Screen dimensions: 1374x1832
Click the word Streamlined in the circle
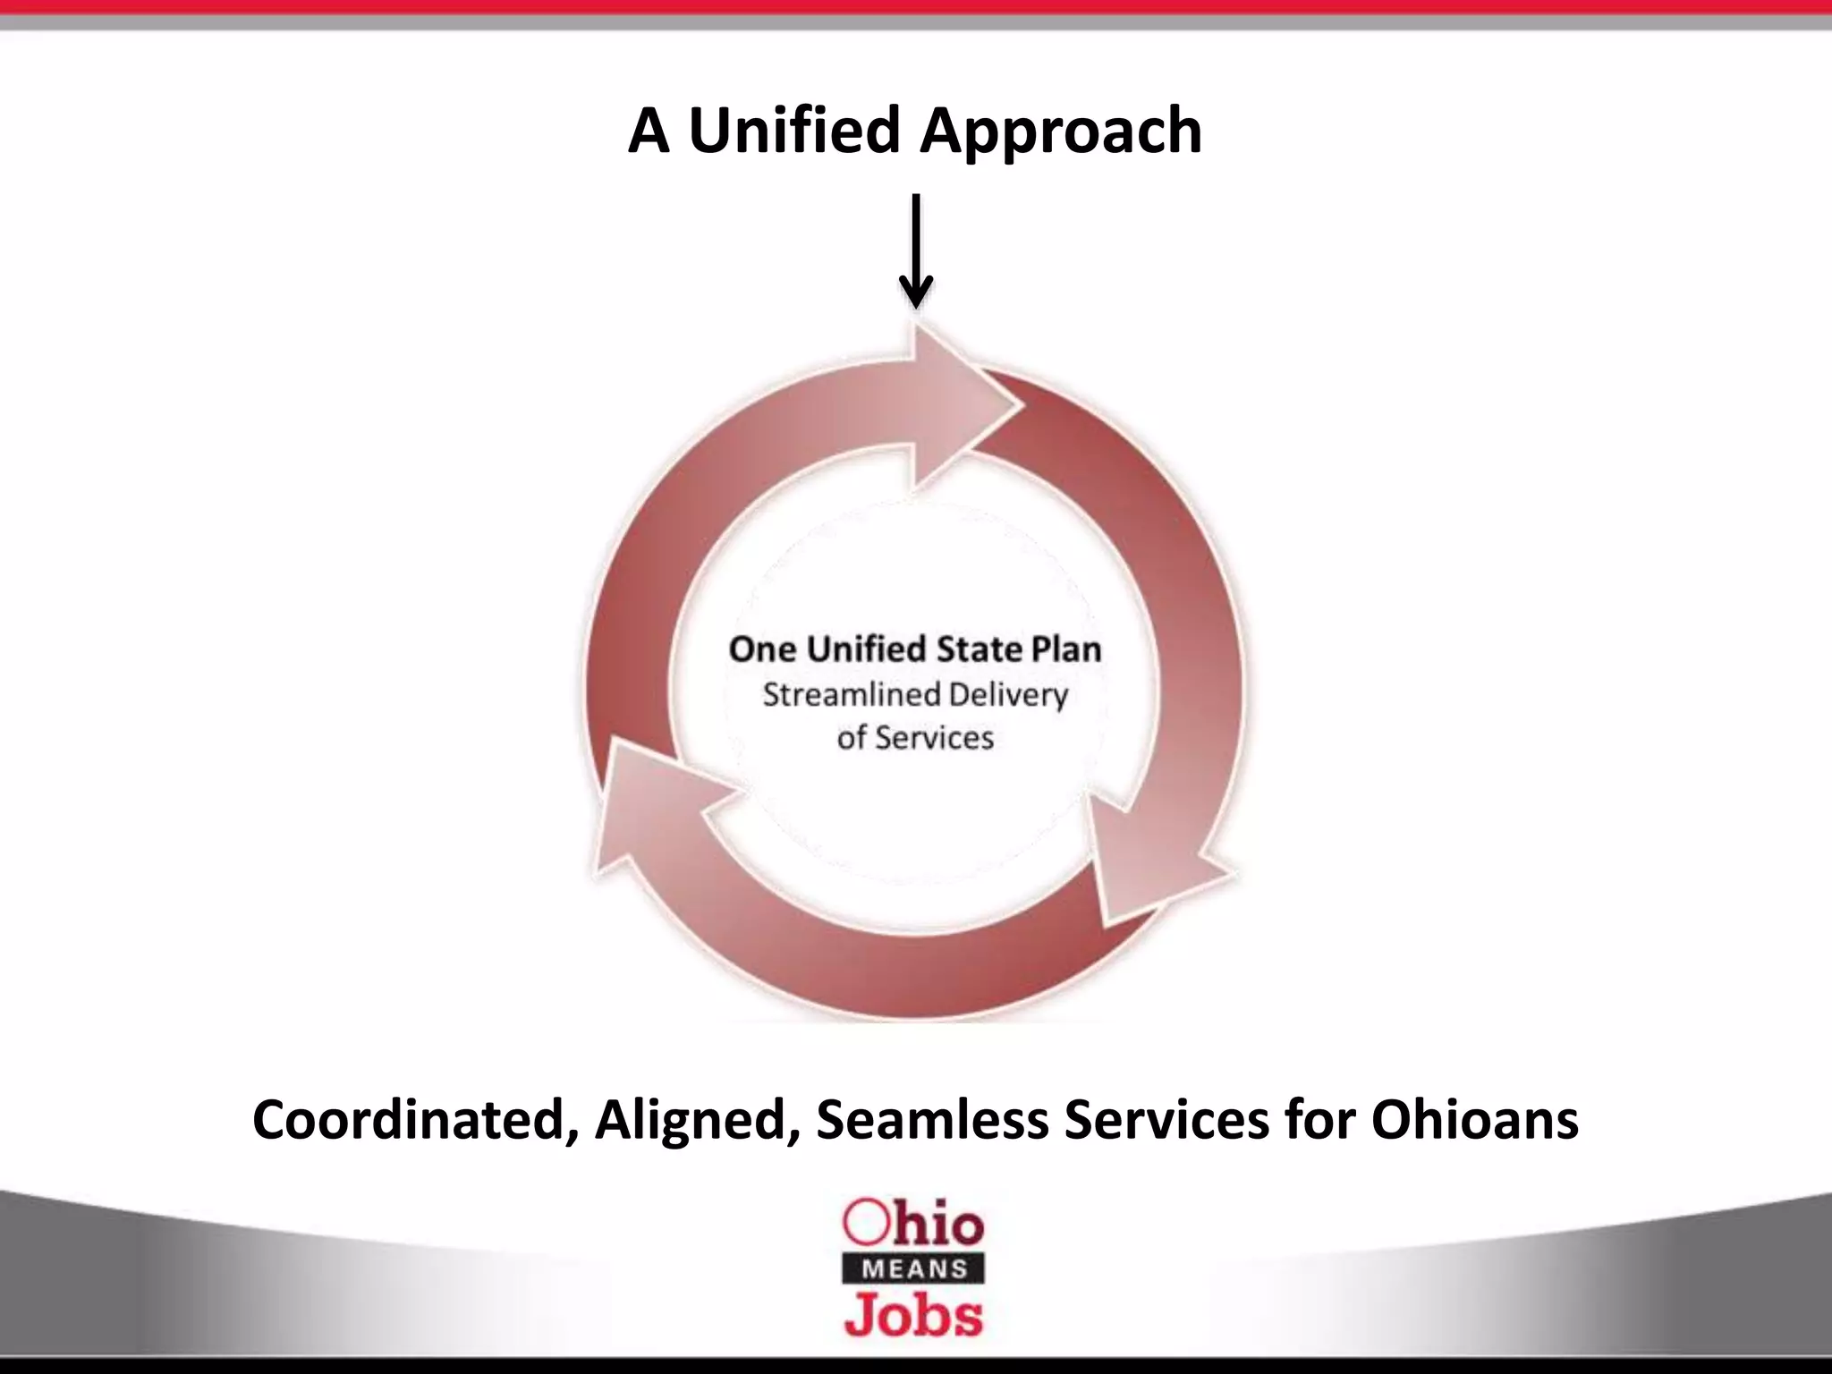click(x=851, y=695)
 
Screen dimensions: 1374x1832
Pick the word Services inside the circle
click(x=934, y=738)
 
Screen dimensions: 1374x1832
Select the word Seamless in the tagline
click(x=931, y=1120)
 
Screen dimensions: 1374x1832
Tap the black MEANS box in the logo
click(x=914, y=1268)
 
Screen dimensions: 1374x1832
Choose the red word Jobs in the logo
click(x=913, y=1315)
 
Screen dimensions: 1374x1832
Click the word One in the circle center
click(x=762, y=649)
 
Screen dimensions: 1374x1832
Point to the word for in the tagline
click(x=1319, y=1120)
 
